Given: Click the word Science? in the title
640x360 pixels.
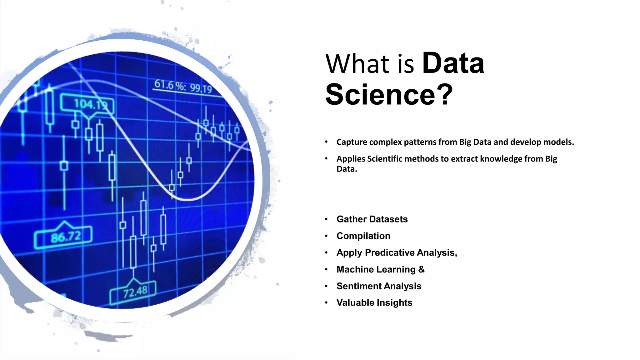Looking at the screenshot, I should pos(389,94).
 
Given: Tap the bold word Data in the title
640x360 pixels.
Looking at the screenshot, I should pos(453,63).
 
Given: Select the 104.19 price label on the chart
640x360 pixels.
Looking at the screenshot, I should pos(88,104).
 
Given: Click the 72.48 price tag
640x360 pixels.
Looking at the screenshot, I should pos(134,292).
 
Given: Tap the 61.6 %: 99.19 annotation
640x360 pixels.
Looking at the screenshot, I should pos(183,86).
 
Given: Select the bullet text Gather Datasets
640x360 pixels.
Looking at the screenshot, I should pos(372,219).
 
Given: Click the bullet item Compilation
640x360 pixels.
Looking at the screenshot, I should pos(363,236).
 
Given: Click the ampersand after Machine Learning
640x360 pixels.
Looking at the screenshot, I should pos(421,269).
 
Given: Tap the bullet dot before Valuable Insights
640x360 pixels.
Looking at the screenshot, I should pos(326,302).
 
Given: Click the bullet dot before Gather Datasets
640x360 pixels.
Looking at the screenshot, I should pos(326,219).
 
